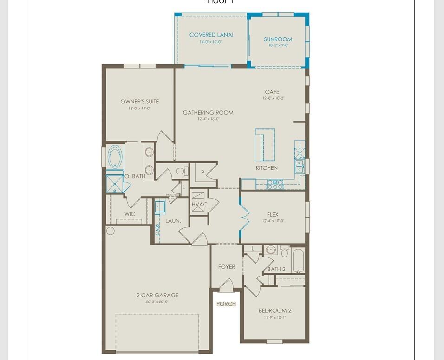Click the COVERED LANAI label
[x=211, y=35]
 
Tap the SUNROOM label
[x=278, y=39]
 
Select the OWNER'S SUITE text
[x=139, y=102]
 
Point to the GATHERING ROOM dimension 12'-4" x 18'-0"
[x=208, y=119]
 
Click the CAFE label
[x=272, y=92]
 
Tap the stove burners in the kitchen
[x=275, y=184]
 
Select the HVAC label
[x=200, y=205]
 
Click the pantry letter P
[x=203, y=173]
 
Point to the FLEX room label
[x=273, y=214]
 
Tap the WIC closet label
[x=130, y=214]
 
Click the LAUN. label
[x=173, y=221]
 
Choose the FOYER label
[x=227, y=267]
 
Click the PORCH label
[x=226, y=304]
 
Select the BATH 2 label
[x=276, y=269]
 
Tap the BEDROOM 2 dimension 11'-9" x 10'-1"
[x=275, y=318]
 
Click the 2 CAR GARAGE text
[x=157, y=295]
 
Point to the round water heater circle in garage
[x=111, y=231]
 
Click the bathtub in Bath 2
[x=298, y=261]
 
